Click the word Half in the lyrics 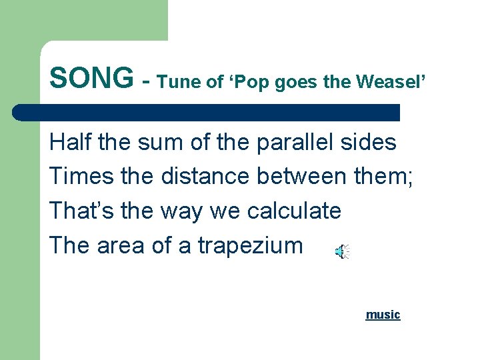point(70,142)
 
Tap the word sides point(368,142)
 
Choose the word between point(303,177)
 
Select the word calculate point(294,211)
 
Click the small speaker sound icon point(341,251)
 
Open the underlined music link point(383,314)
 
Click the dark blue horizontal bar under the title point(207,112)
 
